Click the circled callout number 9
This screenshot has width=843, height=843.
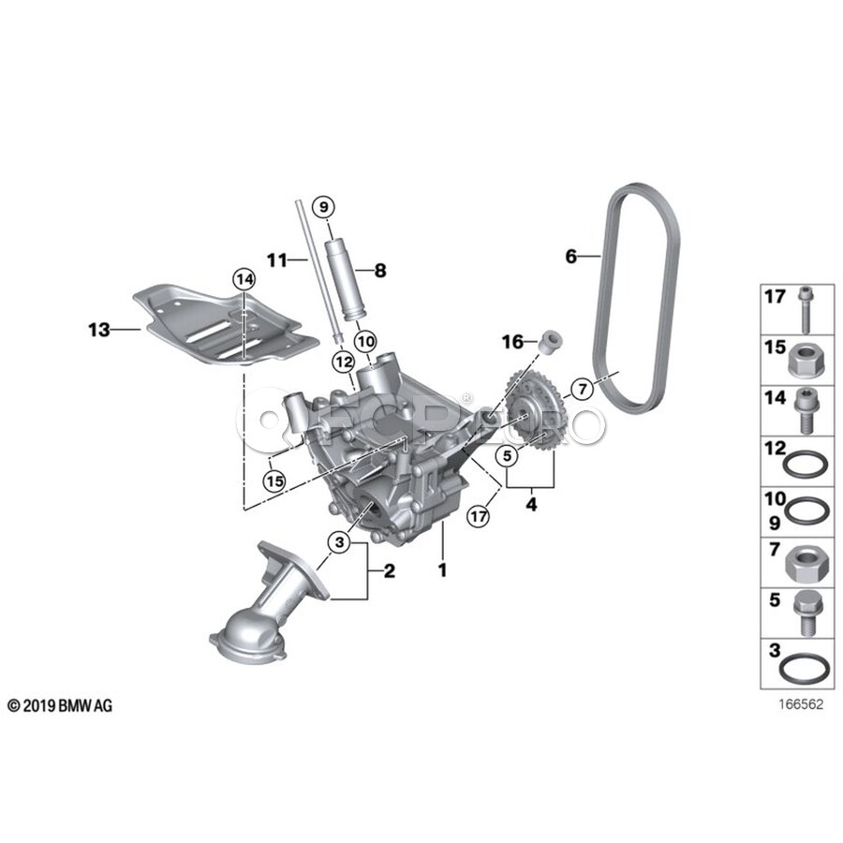pos(323,207)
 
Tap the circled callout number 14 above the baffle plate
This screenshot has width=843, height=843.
pos(244,279)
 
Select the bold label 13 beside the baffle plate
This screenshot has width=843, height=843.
pos(99,330)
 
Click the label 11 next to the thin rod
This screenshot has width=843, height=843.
pos(277,260)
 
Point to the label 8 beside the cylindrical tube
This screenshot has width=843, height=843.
pos(380,271)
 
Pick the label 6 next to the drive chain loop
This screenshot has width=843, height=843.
pos(570,257)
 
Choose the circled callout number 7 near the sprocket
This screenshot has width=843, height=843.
pos(583,389)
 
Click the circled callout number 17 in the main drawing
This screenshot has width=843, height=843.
pos(478,517)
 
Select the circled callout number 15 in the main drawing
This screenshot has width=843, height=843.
pos(274,481)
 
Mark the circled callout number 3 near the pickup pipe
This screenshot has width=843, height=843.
pos(339,542)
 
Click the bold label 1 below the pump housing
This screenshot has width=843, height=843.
pos(442,569)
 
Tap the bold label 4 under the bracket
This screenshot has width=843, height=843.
pos(531,504)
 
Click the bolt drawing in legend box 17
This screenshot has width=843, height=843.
pos(805,310)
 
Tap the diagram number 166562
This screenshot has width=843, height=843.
pos(801,704)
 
